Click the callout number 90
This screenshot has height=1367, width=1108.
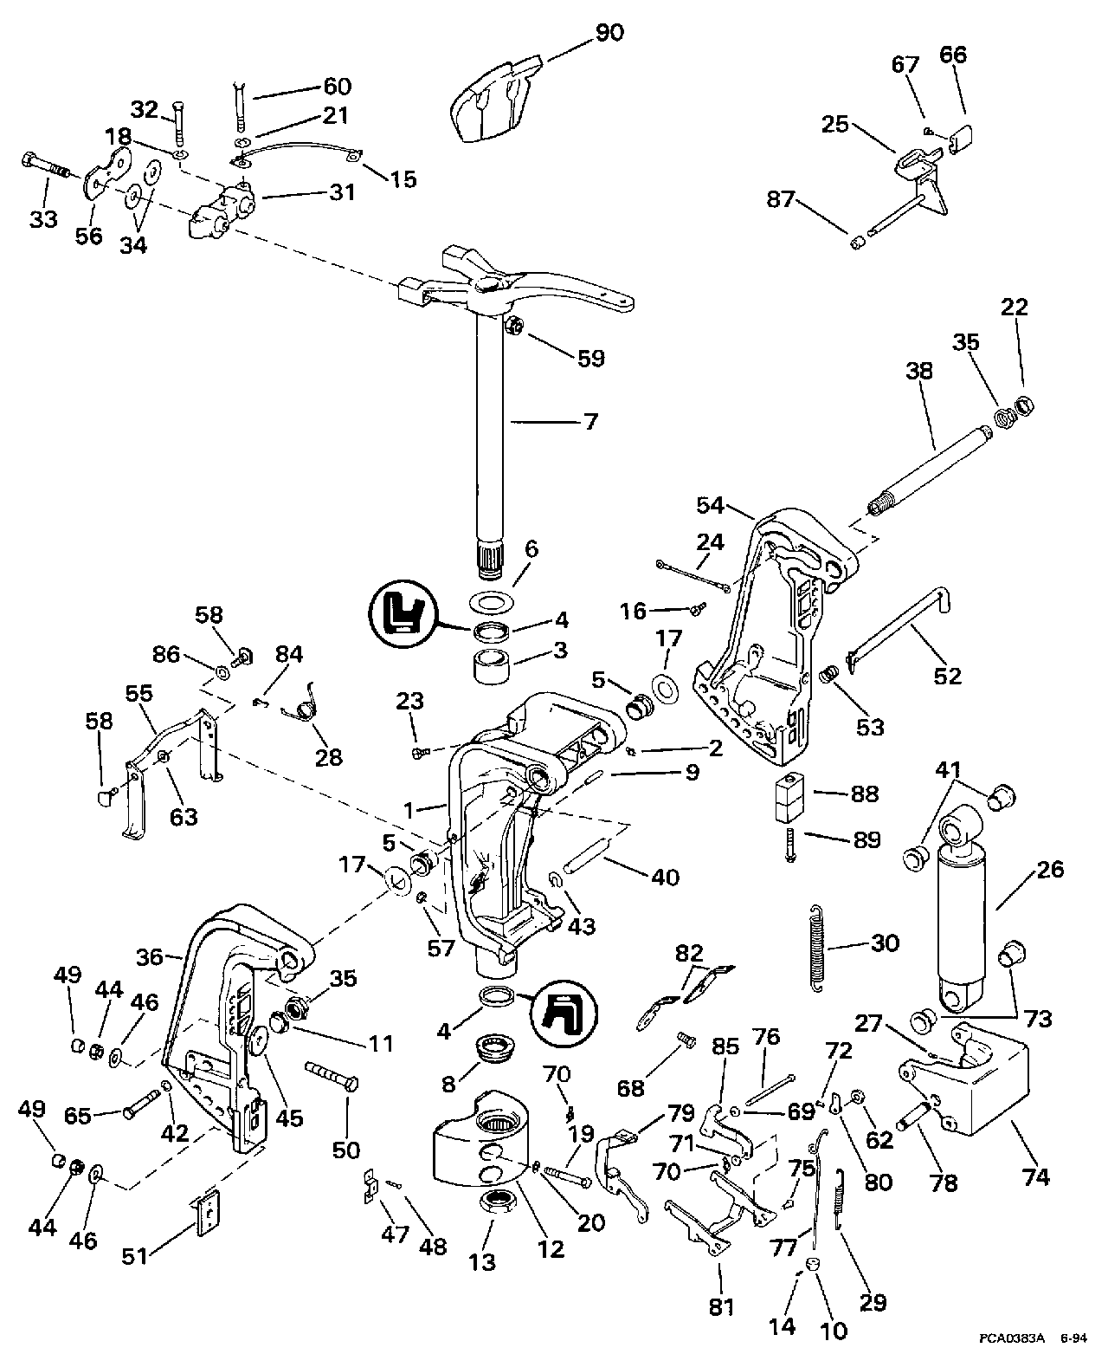tap(609, 32)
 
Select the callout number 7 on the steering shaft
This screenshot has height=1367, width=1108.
tap(591, 422)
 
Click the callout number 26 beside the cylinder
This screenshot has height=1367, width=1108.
tap(1049, 870)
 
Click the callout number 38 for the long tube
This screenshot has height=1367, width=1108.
tap(919, 373)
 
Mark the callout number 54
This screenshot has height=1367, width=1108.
tap(715, 505)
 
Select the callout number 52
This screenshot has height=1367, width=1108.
tap(948, 675)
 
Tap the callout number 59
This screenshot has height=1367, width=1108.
tap(591, 358)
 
